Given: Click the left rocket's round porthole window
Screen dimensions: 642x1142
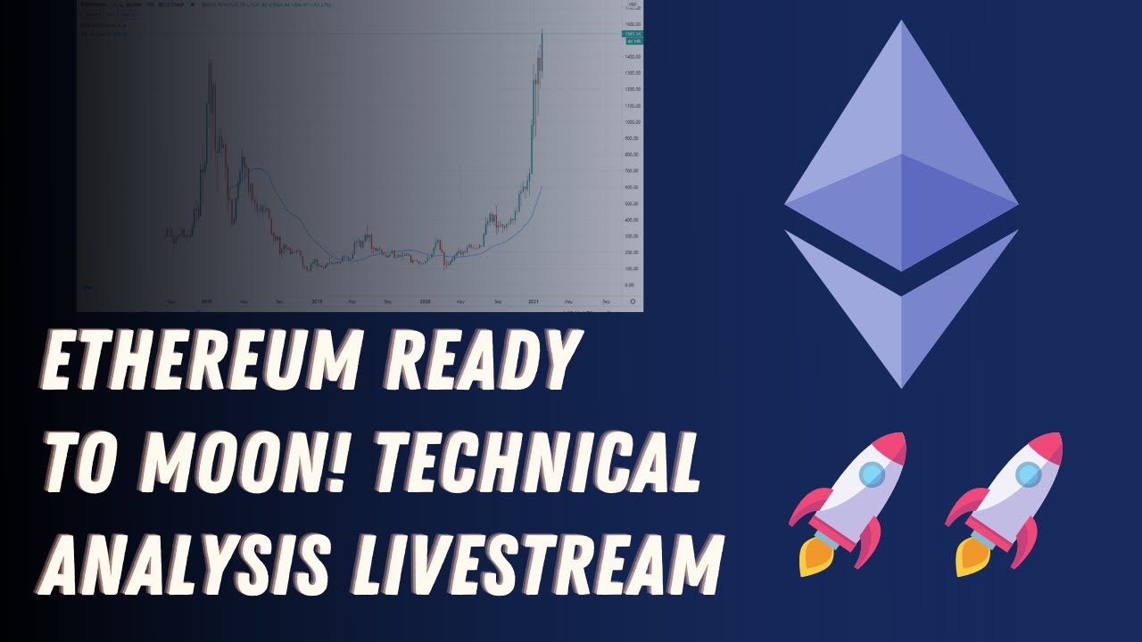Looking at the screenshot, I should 873,475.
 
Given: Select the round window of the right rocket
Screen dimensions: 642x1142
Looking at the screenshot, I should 1029,475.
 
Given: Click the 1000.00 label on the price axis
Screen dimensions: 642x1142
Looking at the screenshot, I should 633,122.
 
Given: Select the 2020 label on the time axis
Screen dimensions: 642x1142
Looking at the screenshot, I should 424,302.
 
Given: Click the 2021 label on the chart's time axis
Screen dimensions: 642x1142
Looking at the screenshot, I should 533,302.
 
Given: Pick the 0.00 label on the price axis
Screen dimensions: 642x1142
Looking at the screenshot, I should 630,284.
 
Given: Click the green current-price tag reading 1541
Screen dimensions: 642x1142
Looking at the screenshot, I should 633,34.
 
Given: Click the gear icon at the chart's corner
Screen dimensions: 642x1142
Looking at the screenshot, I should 633,302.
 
